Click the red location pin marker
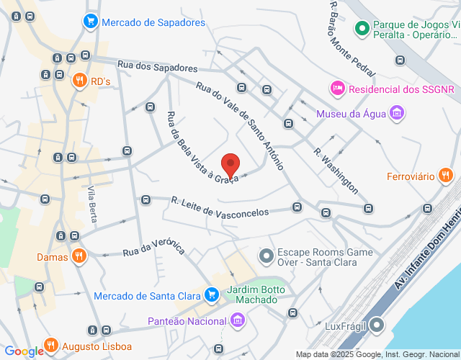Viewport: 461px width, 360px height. point(230,166)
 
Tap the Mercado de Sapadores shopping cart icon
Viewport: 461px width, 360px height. point(90,22)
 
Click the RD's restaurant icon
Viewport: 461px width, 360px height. point(79,81)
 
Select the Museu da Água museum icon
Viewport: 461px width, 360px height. point(395,113)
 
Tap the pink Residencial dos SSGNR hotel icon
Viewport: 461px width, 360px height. point(336,89)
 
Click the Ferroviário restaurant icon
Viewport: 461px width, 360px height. point(446,175)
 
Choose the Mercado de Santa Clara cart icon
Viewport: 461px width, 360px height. point(211,294)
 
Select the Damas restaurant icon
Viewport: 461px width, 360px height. point(80,256)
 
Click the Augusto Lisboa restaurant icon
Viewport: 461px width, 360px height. point(50,345)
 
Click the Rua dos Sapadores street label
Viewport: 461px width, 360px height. point(156,66)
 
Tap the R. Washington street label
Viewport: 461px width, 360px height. point(336,171)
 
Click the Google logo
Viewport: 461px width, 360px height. point(24,351)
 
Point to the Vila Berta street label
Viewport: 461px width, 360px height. point(92,204)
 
